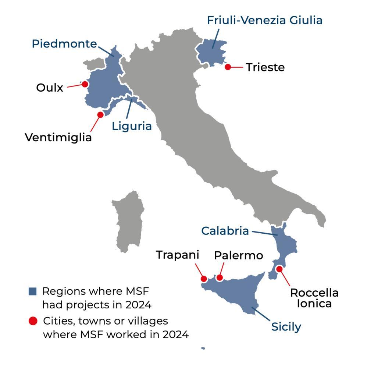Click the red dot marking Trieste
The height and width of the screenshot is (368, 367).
[228, 67]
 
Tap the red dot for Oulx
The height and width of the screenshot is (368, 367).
[85, 84]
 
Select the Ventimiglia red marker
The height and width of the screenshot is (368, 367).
[100, 114]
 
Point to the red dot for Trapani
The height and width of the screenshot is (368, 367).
[204, 279]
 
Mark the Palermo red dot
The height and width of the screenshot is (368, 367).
[220, 278]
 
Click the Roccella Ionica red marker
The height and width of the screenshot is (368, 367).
[279, 269]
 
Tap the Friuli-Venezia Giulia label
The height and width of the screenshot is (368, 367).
[264, 20]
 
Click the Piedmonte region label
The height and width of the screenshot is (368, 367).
[64, 44]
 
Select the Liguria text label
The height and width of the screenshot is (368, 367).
[132, 126]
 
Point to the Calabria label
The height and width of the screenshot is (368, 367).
[225, 231]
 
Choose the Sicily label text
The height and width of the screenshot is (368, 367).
[286, 326]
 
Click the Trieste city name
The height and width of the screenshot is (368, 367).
[265, 68]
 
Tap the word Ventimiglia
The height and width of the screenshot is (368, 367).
[58, 138]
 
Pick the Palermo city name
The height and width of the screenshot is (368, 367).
[239, 255]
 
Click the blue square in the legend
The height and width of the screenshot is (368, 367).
[33, 291]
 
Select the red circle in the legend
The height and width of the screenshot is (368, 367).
[33, 321]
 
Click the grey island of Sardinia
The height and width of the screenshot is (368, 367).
[128, 221]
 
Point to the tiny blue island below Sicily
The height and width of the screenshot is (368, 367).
[203, 348]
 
